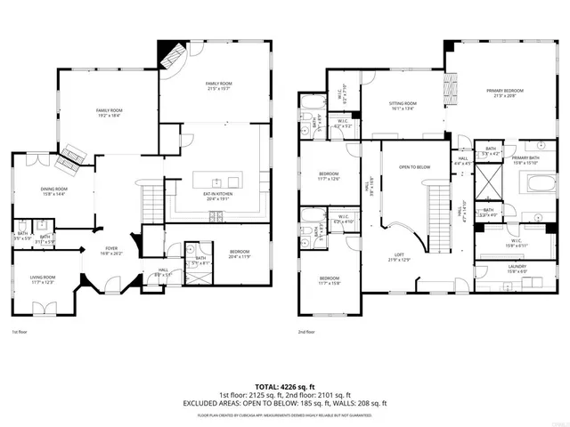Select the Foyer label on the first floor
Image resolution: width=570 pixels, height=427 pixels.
click(111, 251)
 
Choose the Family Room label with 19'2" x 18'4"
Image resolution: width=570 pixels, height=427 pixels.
click(109, 112)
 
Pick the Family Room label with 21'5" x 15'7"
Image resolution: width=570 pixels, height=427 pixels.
click(218, 85)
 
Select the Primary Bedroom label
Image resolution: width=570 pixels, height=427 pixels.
click(504, 93)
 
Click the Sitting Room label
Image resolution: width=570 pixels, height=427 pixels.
click(403, 105)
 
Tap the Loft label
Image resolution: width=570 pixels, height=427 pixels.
click(400, 258)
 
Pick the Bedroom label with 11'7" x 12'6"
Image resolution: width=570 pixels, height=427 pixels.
click(330, 176)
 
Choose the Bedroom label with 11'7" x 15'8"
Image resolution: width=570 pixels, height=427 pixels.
click(330, 281)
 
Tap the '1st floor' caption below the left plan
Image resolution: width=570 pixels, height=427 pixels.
click(20, 332)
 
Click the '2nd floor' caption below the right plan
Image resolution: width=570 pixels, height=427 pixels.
click(307, 332)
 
